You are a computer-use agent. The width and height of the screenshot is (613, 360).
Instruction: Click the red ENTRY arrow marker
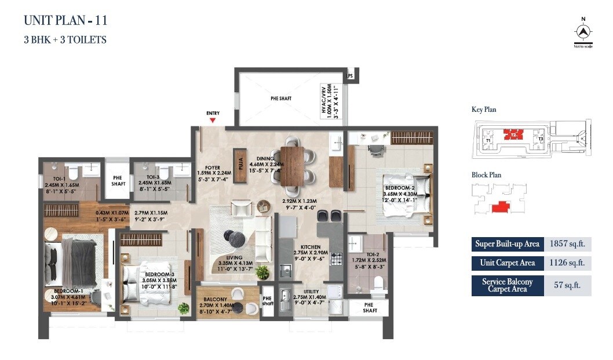(x=213, y=120)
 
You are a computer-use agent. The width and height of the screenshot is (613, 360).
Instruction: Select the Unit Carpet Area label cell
(x=508, y=263)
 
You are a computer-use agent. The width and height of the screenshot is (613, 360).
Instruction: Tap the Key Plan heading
(x=484, y=110)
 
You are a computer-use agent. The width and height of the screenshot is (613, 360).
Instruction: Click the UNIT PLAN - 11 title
(x=65, y=21)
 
